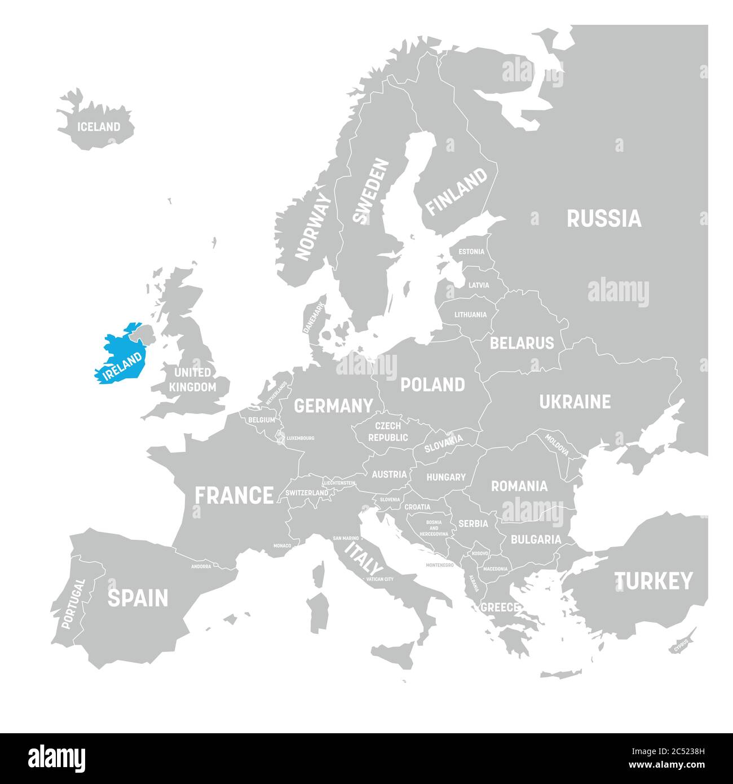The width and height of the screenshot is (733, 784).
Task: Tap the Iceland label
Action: pyautogui.click(x=99, y=127)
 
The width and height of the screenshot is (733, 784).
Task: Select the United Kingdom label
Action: pyautogui.click(x=192, y=380)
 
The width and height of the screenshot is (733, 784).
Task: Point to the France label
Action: pyautogui.click(x=234, y=496)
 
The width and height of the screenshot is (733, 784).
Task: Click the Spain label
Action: pyautogui.click(x=138, y=598)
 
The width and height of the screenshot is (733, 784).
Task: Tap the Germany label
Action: pyautogui.click(x=333, y=406)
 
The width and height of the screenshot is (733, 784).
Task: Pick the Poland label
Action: pyautogui.click(x=432, y=385)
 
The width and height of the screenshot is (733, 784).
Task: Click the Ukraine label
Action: pyautogui.click(x=575, y=402)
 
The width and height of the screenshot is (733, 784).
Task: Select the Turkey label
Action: pyautogui.click(x=653, y=581)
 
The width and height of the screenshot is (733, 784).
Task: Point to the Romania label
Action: pyautogui.click(x=519, y=486)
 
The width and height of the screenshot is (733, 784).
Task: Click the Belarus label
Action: pyautogui.click(x=522, y=343)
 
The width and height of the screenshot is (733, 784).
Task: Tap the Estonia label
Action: pyautogui.click(x=471, y=252)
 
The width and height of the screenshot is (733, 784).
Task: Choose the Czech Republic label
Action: pyautogui.click(x=388, y=431)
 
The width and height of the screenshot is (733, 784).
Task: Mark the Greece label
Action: pyautogui.click(x=499, y=607)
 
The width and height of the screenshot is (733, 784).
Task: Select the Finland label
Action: pyautogui.click(x=456, y=192)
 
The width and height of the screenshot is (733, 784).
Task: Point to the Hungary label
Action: pyautogui.click(x=445, y=477)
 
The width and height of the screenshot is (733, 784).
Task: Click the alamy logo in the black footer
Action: pyautogui.click(x=58, y=756)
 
